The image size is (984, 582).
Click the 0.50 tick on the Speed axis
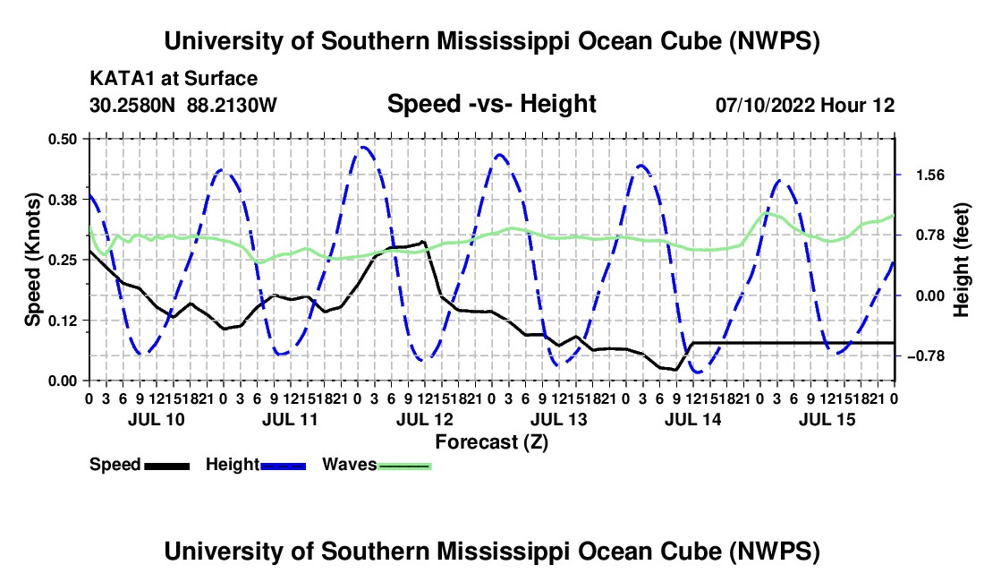(63, 139)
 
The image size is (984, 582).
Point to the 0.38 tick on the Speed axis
(63, 200)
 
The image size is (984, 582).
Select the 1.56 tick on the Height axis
(930, 175)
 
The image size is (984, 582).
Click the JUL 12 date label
(425, 419)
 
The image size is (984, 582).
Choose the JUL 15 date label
(827, 419)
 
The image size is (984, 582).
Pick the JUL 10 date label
(157, 419)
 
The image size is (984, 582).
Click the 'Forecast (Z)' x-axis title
(492, 442)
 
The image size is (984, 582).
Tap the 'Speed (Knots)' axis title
(32, 260)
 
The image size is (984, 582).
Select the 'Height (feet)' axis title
(961, 260)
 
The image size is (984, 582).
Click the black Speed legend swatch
(167, 466)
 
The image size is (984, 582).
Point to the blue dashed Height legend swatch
(283, 466)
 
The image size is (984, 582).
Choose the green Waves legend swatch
(404, 466)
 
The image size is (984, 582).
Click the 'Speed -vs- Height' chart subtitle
(492, 104)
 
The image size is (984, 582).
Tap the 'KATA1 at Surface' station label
(174, 79)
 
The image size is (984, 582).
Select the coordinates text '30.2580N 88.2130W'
(183, 105)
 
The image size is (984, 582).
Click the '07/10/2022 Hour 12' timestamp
(805, 105)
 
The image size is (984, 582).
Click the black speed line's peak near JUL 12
(423, 242)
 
